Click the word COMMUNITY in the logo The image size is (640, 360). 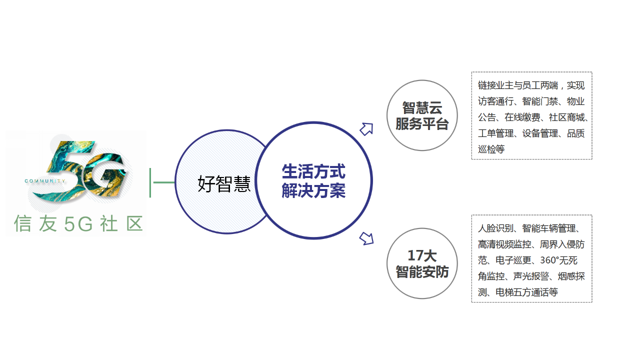pos(45,181)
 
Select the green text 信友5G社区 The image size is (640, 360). pos(78,223)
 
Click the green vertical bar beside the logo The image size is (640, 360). pos(150,183)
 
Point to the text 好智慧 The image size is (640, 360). pos(224,183)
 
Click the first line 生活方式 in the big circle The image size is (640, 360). pos(313,171)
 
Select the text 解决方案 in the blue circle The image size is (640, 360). pos(313,190)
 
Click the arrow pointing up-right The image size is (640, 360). pos(366,129)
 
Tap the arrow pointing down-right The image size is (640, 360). pos(366,238)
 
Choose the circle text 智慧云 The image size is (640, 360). pos(422,107)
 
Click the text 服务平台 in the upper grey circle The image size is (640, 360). pos(422,123)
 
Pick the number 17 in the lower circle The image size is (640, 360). pos(415,255)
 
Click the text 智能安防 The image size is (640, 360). pos(422,271)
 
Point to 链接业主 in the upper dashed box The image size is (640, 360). pos(495,85)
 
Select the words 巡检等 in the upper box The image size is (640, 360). pos(491,149)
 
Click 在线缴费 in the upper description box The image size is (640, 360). pos(522,117)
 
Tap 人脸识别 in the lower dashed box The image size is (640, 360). pos(495,228)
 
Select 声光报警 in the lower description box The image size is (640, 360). pos(531,276)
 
